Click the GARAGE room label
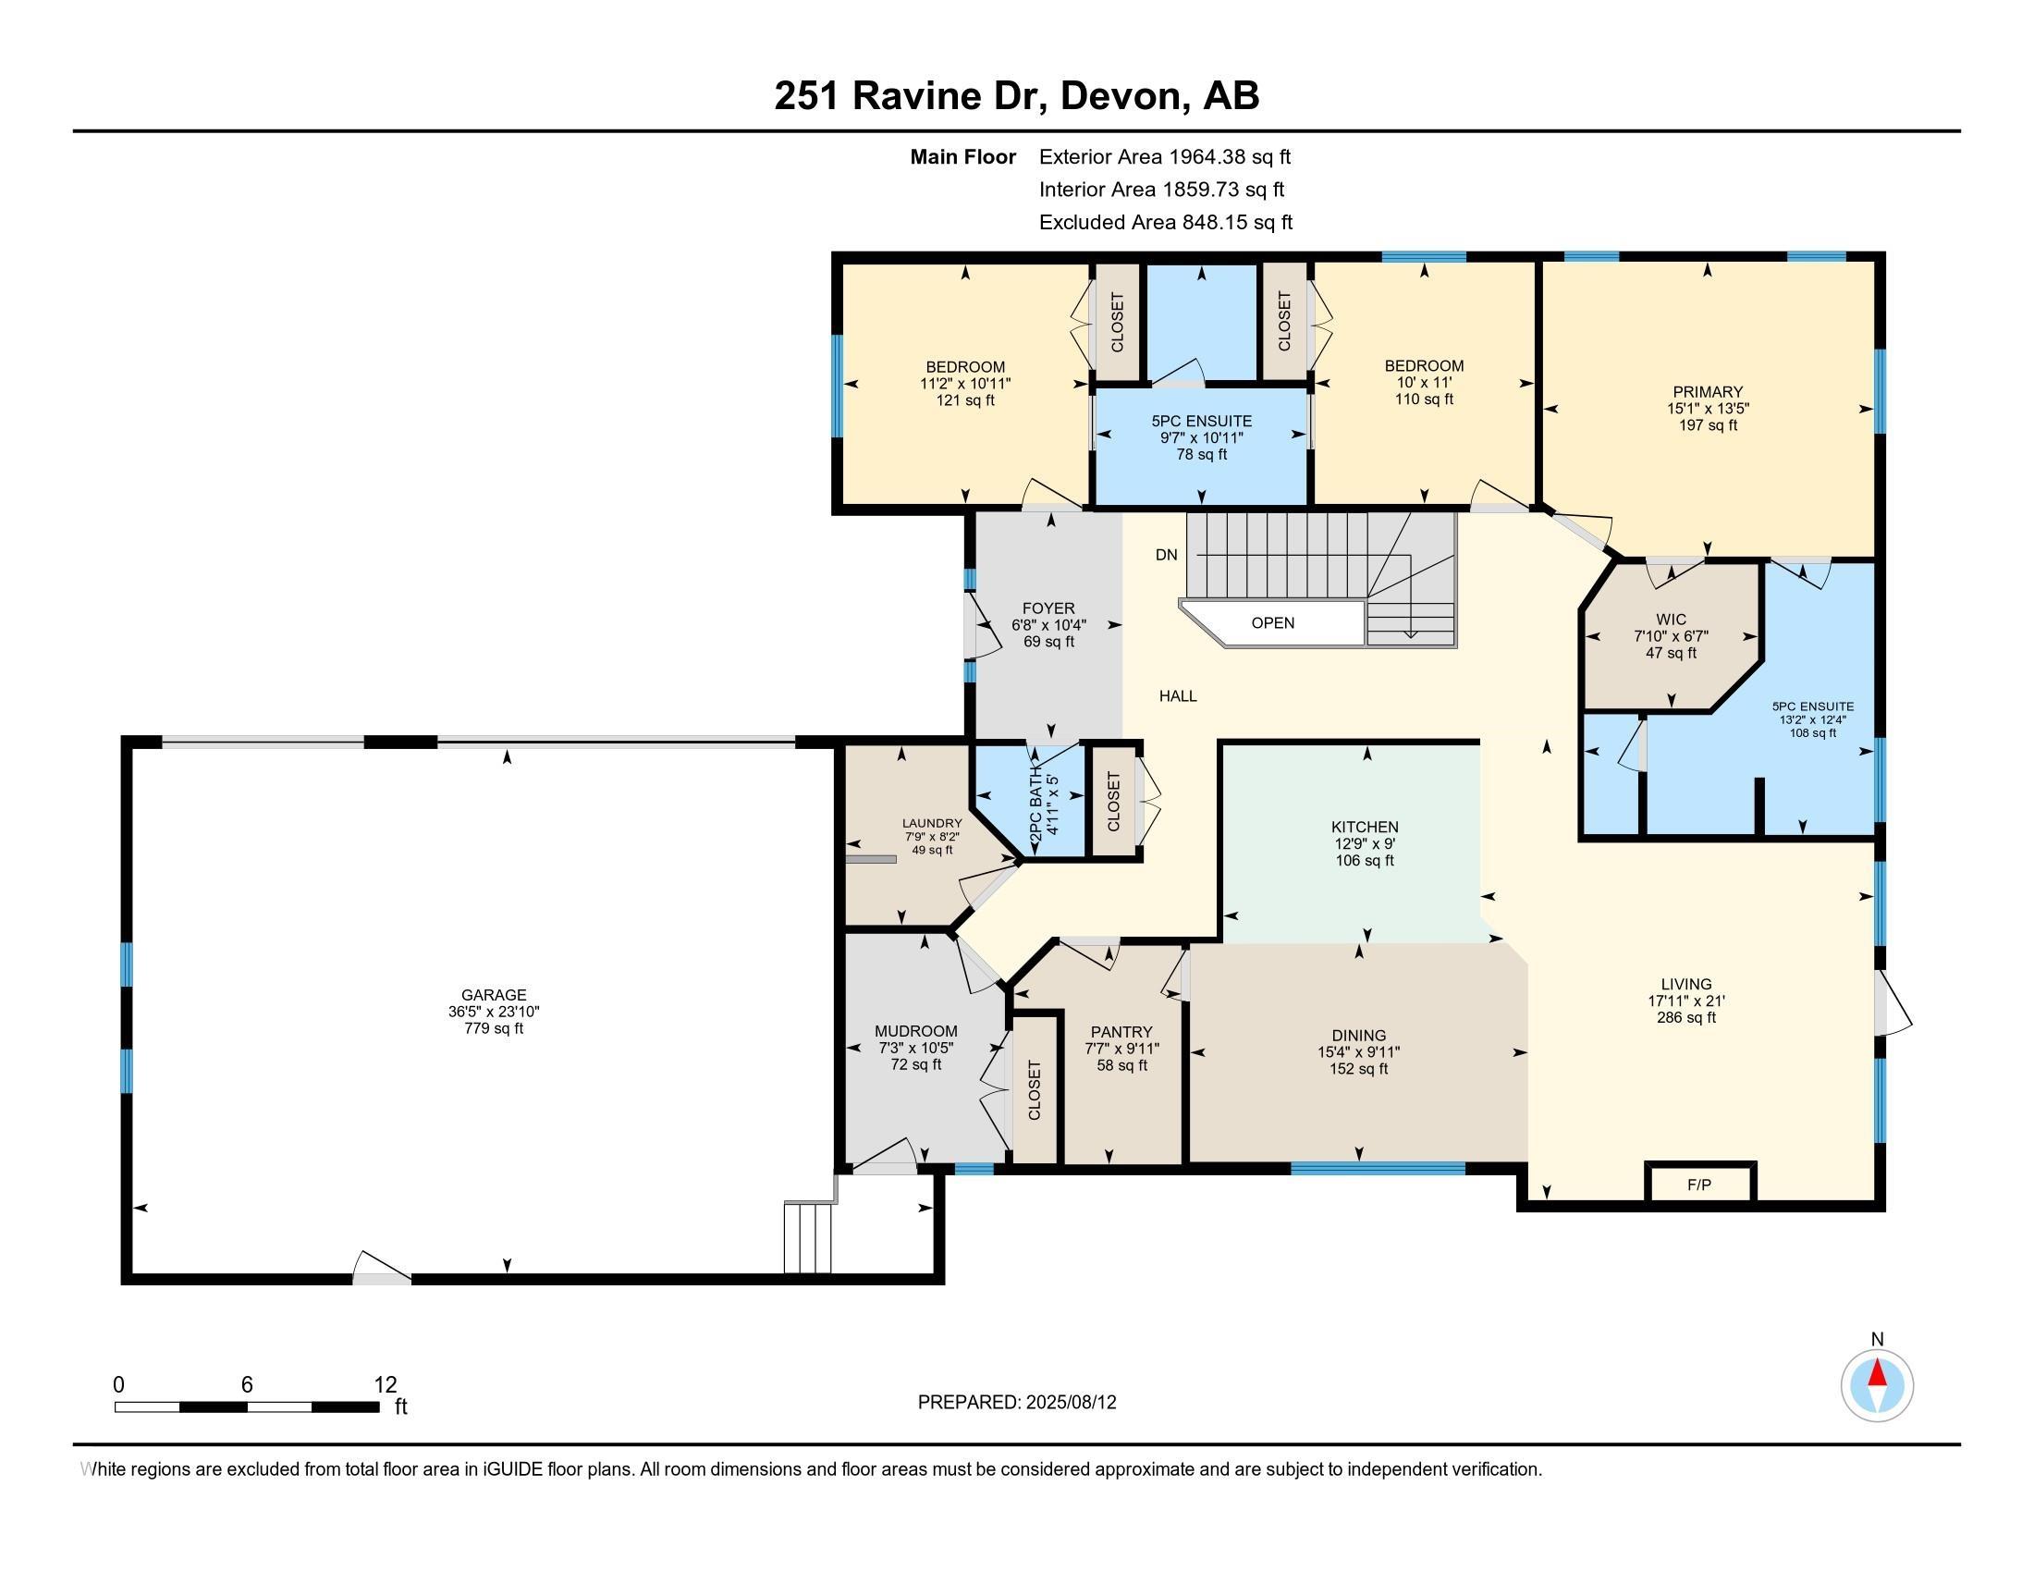(x=494, y=995)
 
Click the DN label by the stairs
(x=1166, y=555)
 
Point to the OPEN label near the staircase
(x=1272, y=623)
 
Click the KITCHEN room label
(x=1366, y=827)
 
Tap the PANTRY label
(x=1121, y=1032)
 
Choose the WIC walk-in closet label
(x=1671, y=620)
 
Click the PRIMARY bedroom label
(x=1707, y=392)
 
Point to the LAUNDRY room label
(x=931, y=823)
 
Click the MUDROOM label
(x=915, y=1031)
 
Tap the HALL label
(x=1178, y=695)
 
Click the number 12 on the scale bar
(x=385, y=1384)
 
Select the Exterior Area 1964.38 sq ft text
(x=1165, y=156)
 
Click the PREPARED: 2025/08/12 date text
(x=1017, y=1402)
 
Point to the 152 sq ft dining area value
(x=1359, y=1068)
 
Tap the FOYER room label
(x=1048, y=608)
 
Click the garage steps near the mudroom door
(x=807, y=1237)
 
